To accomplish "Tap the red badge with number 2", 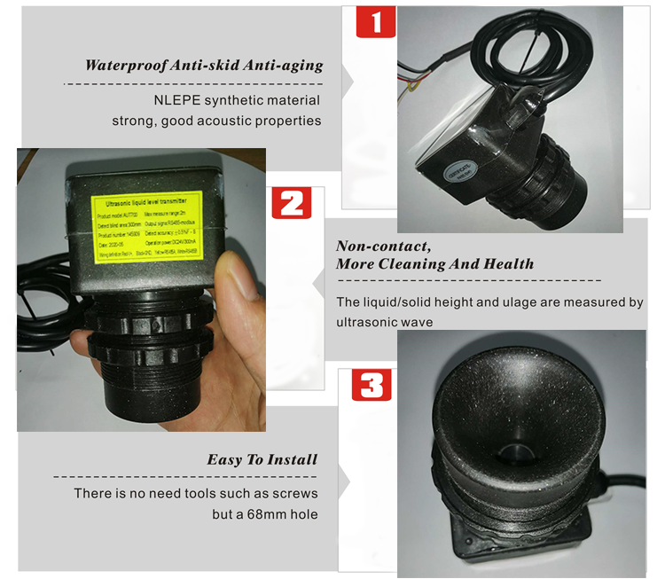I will (291, 202).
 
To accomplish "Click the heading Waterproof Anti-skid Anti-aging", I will (203, 66).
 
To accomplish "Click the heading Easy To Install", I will (262, 459).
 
